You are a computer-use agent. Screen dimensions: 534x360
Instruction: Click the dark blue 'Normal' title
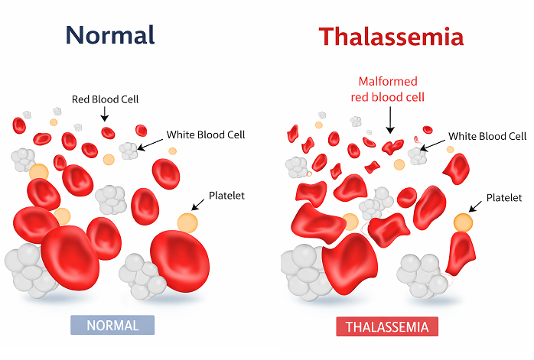coord(110,35)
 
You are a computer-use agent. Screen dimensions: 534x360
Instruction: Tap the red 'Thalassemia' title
coord(391,37)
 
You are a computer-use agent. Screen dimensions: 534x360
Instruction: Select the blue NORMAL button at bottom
coord(112,326)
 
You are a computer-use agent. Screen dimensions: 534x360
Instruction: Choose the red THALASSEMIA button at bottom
coord(387,326)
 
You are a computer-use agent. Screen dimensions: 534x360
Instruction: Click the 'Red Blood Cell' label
coord(106,99)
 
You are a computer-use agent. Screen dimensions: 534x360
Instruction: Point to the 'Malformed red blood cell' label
coord(388,89)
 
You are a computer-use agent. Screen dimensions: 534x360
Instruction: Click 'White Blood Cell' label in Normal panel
coord(206,135)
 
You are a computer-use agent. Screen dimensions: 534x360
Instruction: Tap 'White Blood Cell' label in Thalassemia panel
coord(487,137)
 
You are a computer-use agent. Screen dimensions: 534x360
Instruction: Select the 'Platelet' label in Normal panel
coord(226,196)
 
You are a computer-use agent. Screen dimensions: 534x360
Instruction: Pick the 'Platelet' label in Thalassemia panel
coord(504,198)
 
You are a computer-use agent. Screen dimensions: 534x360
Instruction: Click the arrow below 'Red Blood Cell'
coord(105,114)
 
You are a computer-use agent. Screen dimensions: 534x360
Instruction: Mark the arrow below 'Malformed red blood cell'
coord(390,120)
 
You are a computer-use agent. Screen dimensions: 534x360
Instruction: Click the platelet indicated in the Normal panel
coord(187,223)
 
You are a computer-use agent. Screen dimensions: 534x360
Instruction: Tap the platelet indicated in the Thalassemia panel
coord(463,222)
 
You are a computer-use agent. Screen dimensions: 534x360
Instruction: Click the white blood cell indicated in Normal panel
coord(129,151)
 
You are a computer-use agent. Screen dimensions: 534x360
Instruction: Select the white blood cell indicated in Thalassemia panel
coord(417,156)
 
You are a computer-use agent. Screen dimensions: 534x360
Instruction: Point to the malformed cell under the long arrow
coord(392,147)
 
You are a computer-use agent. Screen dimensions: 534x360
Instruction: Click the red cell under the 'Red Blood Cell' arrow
coord(108,133)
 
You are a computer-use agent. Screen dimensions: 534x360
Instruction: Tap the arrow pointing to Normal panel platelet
coord(198,205)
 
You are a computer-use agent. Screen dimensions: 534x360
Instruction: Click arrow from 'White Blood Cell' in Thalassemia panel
coord(433,145)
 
